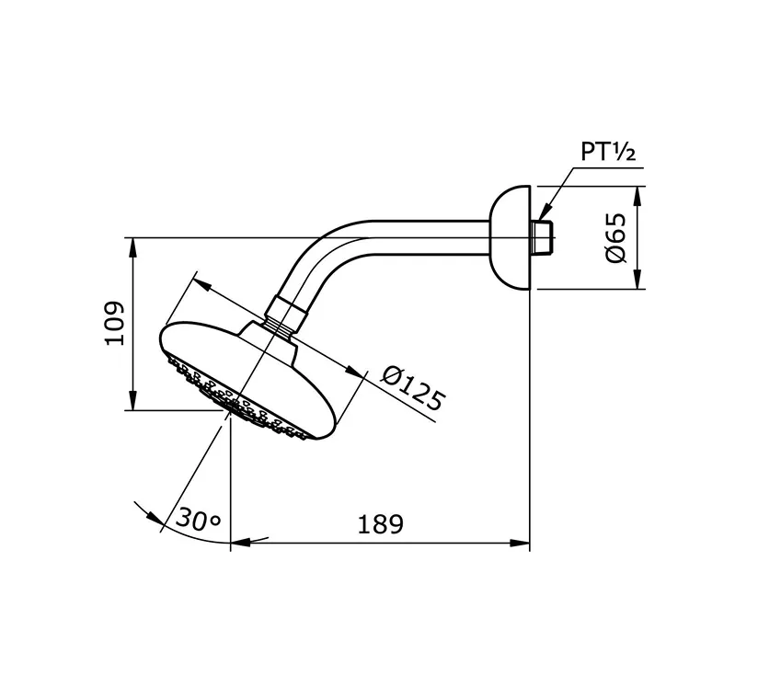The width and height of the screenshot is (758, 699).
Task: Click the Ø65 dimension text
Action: pyautogui.click(x=615, y=238)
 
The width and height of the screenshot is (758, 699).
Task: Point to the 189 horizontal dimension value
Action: pyautogui.click(x=379, y=523)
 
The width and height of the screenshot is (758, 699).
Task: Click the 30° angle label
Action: pyautogui.click(x=199, y=519)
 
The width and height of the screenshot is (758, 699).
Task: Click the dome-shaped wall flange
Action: pyautogui.click(x=511, y=237)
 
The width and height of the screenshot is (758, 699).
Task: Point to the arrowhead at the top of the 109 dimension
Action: pyautogui.click(x=134, y=246)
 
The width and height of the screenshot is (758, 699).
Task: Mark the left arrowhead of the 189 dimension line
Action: pyautogui.click(x=237, y=544)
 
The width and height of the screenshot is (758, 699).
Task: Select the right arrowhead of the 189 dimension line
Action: pyautogui.click(x=523, y=544)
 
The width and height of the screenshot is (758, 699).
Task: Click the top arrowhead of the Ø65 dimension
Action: pyautogui.click(x=640, y=193)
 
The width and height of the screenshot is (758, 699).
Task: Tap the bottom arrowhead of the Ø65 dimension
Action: pyautogui.click(x=640, y=282)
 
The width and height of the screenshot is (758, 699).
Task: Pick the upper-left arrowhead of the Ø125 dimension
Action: pyautogui.click(x=203, y=285)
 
